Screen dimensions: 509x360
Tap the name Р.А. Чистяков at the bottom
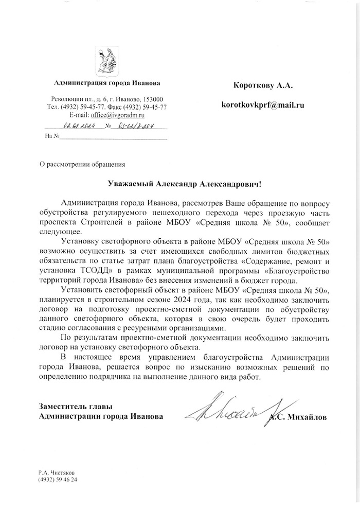click(58, 471)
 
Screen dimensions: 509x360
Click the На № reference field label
click(50, 136)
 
